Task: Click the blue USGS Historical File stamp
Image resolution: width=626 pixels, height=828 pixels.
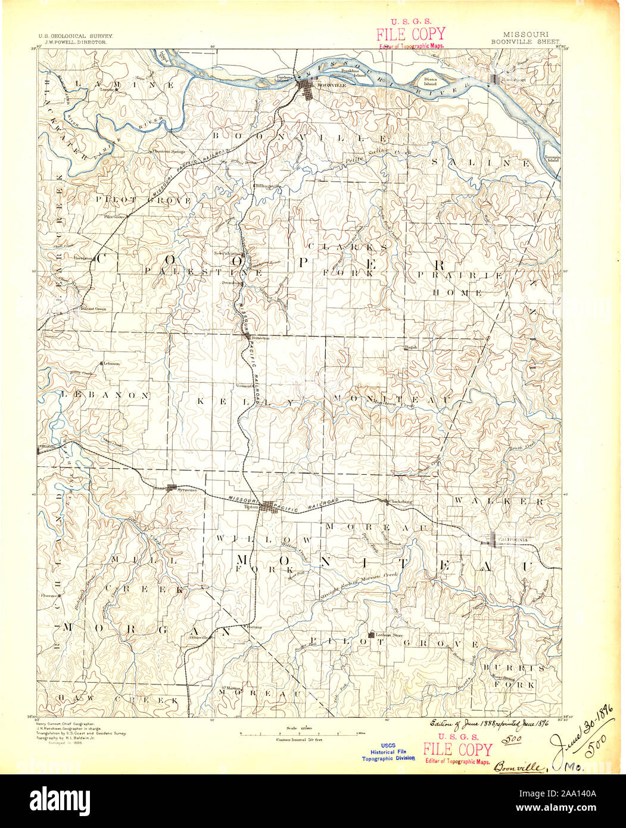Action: click(x=388, y=753)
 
